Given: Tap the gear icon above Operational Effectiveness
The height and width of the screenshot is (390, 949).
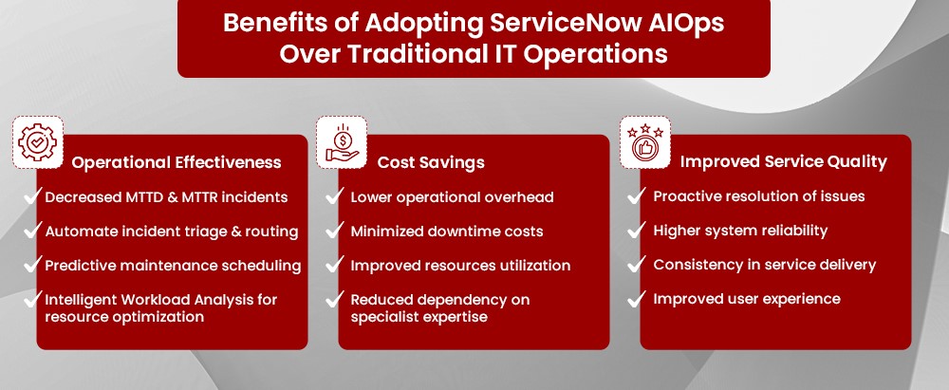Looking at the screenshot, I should point(37,140).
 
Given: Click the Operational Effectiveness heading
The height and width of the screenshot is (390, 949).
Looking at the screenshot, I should point(177,162).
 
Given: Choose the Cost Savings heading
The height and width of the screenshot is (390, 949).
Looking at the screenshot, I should point(431,162).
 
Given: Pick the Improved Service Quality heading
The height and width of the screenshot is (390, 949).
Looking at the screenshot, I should point(783,162).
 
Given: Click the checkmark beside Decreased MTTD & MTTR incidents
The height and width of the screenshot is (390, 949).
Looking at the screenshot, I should point(30,196).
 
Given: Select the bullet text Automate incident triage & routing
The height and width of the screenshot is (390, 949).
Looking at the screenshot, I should point(172,232).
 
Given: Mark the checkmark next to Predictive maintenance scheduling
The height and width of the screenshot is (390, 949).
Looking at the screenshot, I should point(30,265).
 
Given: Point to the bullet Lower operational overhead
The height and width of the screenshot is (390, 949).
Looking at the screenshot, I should point(452,197).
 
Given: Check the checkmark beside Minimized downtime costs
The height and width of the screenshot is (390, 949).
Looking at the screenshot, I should point(333,231).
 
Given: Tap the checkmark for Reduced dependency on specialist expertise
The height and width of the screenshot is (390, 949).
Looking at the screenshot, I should point(333,300).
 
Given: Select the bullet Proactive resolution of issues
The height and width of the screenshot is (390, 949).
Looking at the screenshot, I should point(759,196).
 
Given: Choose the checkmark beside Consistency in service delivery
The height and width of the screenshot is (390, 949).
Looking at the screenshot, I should point(636,265).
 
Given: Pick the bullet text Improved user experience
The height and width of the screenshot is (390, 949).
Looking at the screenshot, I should point(747,299).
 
